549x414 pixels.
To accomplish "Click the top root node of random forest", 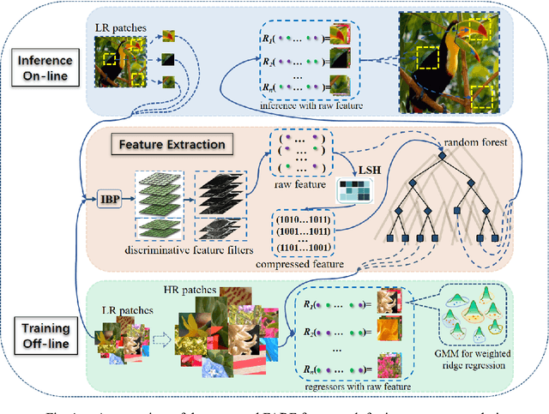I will (x=442, y=156).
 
